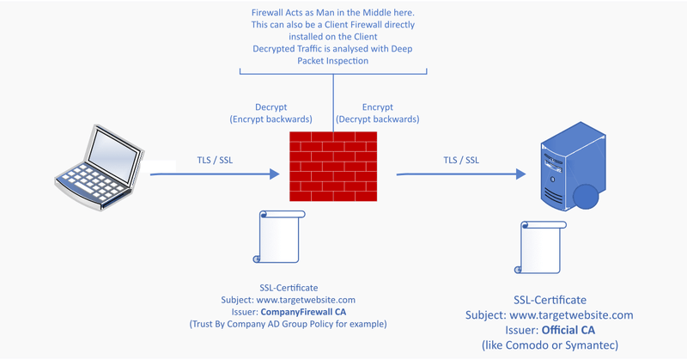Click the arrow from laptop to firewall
coord(215,174)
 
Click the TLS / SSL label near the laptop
coord(215,160)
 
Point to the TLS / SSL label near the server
coord(461,160)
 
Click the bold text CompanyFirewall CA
coord(328,312)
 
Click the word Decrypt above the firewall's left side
coord(271,107)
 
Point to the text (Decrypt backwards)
coord(379,119)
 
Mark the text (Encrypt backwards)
coord(271,119)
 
